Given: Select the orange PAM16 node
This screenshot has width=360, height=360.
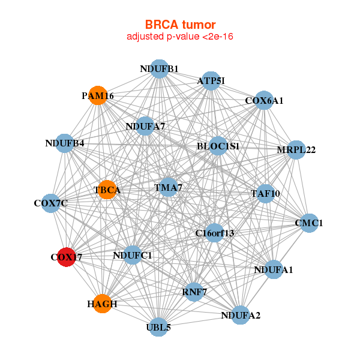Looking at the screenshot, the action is pyautogui.click(x=98, y=95).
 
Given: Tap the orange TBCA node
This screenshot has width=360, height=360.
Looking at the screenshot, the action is pyautogui.click(x=107, y=190).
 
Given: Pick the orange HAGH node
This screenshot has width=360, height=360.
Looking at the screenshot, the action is pyautogui.click(x=103, y=304).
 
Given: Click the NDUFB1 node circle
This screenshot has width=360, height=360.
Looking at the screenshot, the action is pyautogui.click(x=159, y=68).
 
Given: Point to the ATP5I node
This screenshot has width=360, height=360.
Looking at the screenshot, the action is pyautogui.click(x=211, y=80).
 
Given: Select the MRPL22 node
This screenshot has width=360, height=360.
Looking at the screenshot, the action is pyautogui.click(x=296, y=149).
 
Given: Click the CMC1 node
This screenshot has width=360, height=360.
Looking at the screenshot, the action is pyautogui.click(x=309, y=223).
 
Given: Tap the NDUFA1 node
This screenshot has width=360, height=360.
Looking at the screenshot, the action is pyautogui.click(x=274, y=269).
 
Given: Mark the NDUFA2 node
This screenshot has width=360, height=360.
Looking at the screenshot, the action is pyautogui.click(x=241, y=314).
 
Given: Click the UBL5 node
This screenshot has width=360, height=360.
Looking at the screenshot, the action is pyautogui.click(x=159, y=327).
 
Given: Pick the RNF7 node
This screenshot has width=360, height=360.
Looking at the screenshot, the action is pyautogui.click(x=194, y=292).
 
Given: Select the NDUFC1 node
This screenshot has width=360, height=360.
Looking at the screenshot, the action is pyautogui.click(x=133, y=256).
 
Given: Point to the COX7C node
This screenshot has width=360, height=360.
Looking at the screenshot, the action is pyautogui.click(x=51, y=203).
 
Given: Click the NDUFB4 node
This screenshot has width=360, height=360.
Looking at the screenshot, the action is pyautogui.click(x=64, y=143).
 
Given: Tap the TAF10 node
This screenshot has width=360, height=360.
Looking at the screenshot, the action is pyautogui.click(x=265, y=193).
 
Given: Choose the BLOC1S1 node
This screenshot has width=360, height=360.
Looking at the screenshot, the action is pyautogui.click(x=218, y=146).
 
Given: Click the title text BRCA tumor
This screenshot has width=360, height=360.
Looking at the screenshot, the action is pyautogui.click(x=180, y=25).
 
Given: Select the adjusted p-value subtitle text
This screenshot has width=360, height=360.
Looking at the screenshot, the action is pyautogui.click(x=180, y=37).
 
